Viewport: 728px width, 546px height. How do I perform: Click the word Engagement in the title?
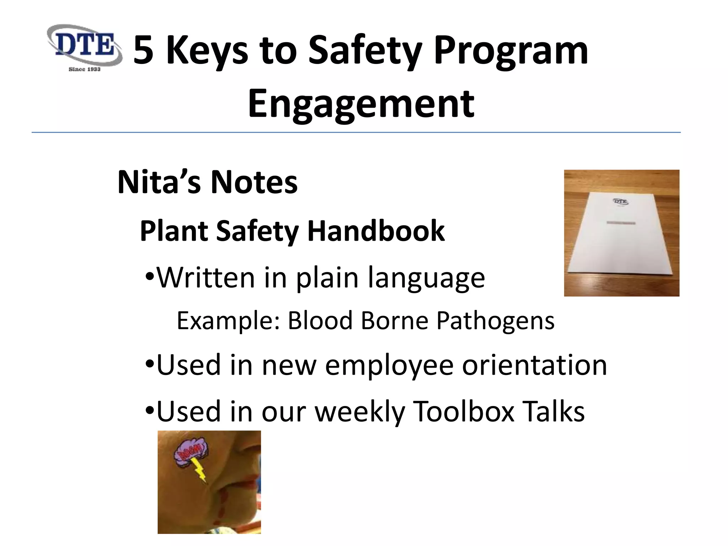pos(361,103)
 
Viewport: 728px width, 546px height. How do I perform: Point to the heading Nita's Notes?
pos(207,182)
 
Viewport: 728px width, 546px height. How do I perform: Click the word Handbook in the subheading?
pos(376,231)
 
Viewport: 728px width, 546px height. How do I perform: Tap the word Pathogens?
pos(495,321)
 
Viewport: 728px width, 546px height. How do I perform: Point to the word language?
pos(426,278)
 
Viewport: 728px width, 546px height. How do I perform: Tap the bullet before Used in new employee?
pos(150,364)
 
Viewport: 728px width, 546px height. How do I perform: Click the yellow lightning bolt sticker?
pos(199,470)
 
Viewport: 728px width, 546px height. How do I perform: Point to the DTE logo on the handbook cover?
pos(621,202)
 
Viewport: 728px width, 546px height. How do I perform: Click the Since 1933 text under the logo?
pos(84,69)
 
